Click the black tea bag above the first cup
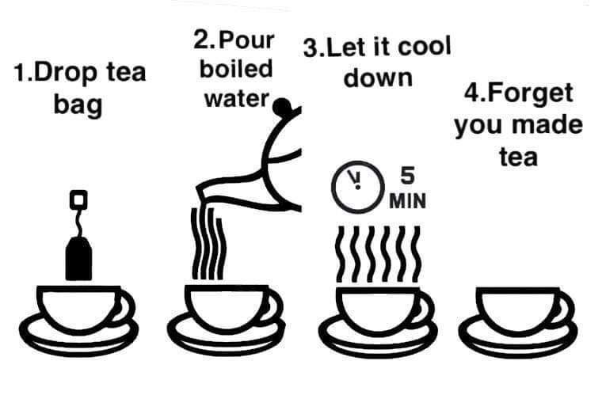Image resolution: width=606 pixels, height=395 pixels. coord(79,259)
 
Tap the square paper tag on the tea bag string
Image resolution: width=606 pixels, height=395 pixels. coord(78,199)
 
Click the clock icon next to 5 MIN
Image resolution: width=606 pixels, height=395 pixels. coord(357,187)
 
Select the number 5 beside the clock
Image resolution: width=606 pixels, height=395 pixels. coord(407,176)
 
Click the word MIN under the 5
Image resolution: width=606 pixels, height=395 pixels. coord(408,201)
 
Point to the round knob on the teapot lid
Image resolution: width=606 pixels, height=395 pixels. coord(282,106)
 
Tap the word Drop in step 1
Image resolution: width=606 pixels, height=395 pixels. coord(65,74)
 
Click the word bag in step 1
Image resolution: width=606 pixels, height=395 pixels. coord(78,105)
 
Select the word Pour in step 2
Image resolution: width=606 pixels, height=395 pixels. coord(246,40)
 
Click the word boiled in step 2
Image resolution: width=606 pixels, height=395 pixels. coord(236,69)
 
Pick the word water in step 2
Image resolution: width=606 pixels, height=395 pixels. coord(237,99)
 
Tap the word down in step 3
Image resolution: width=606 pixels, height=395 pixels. coord(378,78)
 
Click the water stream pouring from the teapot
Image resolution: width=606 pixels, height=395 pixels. coord(208,243)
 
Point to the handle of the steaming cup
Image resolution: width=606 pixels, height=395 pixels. coord(428,307)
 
